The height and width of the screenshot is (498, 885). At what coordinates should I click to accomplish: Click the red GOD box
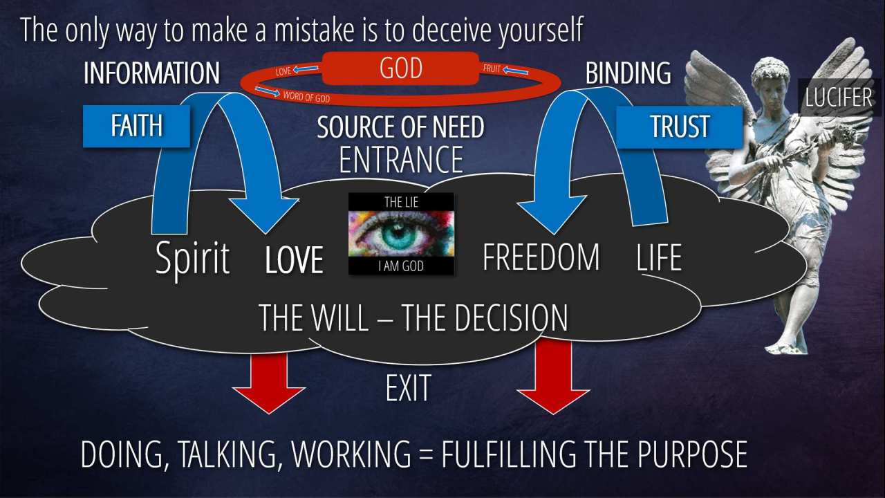point(400,68)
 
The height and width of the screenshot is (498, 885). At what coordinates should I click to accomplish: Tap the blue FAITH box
point(136,126)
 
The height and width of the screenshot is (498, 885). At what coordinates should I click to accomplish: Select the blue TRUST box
point(680,127)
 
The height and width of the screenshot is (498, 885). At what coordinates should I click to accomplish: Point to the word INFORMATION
point(151,73)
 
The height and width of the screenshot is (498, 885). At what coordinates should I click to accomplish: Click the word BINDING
point(628,73)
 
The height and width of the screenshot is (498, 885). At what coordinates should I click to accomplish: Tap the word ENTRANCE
point(401,159)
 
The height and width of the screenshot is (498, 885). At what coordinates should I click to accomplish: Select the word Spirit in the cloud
point(192,259)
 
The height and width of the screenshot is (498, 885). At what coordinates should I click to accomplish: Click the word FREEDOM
point(541,257)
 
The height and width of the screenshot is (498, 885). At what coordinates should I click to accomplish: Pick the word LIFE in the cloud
point(659,257)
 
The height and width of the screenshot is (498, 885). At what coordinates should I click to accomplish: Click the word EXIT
point(408,388)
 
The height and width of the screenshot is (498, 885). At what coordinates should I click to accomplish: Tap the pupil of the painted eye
point(400,234)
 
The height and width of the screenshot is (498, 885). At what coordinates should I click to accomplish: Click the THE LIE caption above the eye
point(402,203)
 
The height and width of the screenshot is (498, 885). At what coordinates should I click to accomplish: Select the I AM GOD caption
point(401,266)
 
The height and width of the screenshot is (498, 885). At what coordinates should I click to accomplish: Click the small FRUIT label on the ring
point(492,68)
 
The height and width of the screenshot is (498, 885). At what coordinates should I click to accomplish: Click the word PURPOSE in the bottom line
point(693,454)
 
